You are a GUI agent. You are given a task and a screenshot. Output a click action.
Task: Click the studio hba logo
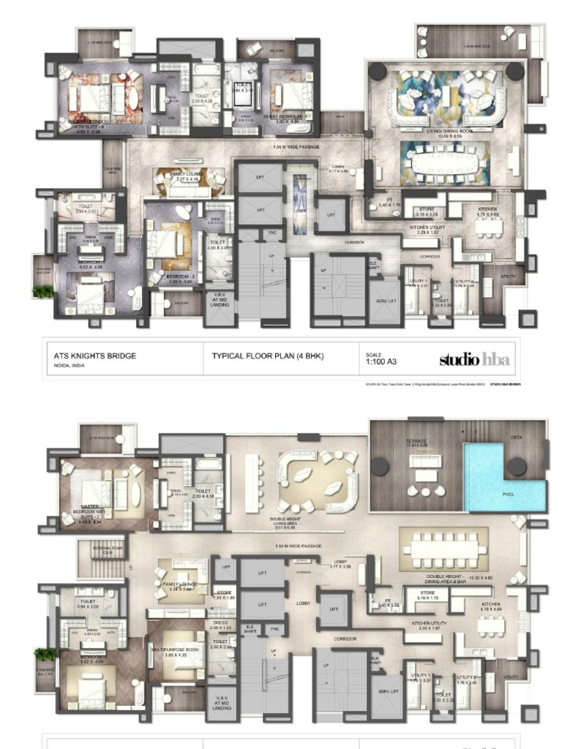(x=474, y=359)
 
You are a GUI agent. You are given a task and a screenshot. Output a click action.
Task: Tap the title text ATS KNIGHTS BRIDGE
(x=95, y=356)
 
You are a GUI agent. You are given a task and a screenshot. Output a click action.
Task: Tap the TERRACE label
(x=416, y=442)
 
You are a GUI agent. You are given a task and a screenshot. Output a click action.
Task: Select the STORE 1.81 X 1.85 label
(x=224, y=595)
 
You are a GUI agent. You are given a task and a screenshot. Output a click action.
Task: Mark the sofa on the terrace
(x=425, y=462)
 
